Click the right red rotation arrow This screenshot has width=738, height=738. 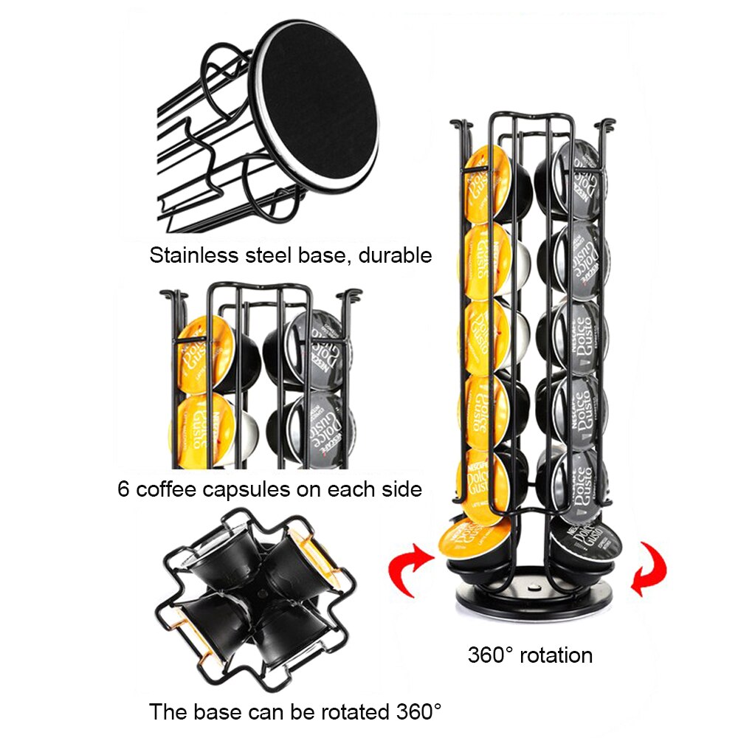click(x=649, y=569)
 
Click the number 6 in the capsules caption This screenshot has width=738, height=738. click(x=123, y=489)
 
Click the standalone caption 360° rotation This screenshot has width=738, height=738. click(x=530, y=655)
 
